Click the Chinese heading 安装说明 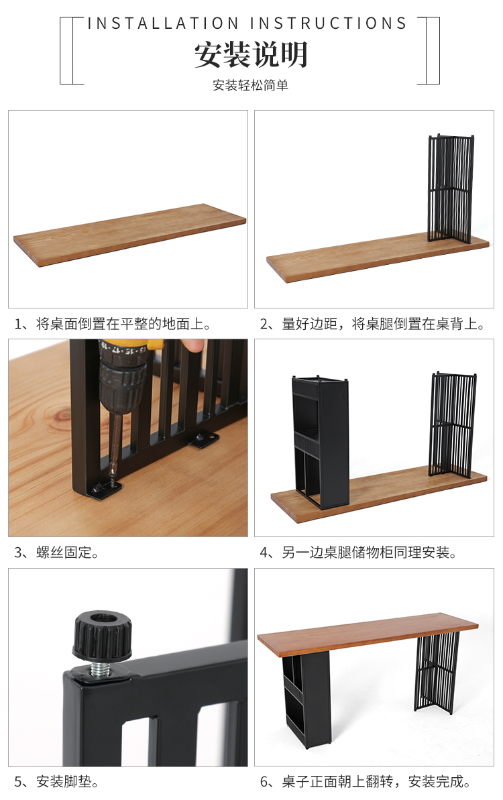250,54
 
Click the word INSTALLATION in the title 163,23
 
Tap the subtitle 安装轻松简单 250,85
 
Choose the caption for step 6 366,782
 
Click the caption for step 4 358,553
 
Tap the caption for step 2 372,324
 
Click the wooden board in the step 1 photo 130,235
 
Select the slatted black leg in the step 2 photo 451,188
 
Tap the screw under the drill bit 112,480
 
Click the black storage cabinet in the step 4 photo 321,442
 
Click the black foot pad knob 102,634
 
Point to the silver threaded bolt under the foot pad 101,669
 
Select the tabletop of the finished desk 368,632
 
